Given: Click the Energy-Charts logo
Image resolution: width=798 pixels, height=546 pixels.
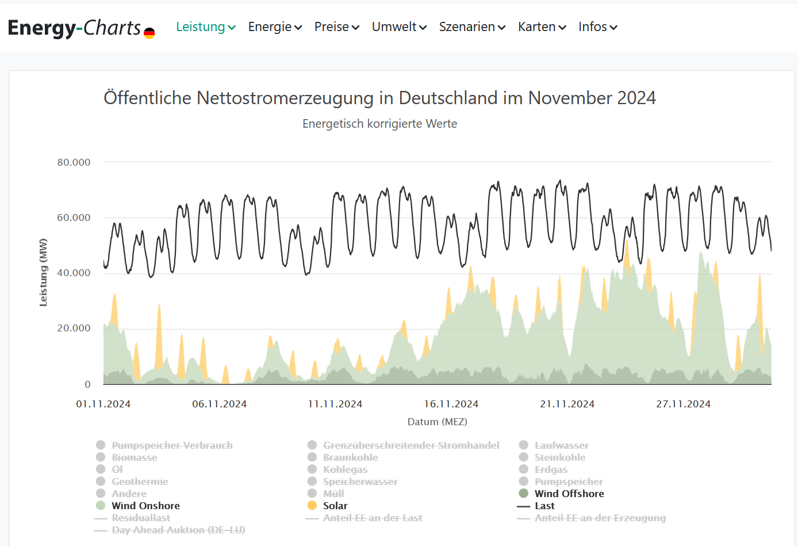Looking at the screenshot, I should point(81,28).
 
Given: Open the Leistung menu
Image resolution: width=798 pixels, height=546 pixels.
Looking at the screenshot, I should point(205,27).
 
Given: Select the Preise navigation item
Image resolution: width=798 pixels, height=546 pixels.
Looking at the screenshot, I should point(336,27).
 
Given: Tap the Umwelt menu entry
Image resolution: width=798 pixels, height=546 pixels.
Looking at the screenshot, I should point(399,27).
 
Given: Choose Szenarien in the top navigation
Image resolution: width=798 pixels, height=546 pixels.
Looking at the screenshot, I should point(472,27).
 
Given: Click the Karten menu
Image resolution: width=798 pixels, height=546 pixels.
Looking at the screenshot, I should point(542,27).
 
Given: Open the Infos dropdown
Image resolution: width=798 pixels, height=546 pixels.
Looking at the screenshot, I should point(597,27).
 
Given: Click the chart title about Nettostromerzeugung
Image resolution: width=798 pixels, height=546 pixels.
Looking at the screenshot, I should point(379,98).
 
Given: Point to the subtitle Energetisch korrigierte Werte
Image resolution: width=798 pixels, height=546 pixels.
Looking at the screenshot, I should point(379,124).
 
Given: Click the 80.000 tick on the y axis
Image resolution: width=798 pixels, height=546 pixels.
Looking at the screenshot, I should point(74,162).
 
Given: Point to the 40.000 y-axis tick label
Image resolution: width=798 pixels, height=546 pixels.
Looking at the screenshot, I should point(74,273).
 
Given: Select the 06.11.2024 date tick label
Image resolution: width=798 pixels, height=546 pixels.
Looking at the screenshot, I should point(219,404).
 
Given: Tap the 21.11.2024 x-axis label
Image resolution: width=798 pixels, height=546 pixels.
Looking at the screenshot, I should point(567,404).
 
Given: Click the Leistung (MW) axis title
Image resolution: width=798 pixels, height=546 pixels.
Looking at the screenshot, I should point(43,272).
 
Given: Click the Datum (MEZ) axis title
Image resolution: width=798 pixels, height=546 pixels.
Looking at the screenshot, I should point(437,422).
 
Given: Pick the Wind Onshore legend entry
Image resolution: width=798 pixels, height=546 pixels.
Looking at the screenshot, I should point(145,506).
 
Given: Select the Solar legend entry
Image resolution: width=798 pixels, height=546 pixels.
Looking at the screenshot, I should point(335,506).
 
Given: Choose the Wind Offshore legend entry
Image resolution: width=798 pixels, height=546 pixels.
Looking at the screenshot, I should point(569,494).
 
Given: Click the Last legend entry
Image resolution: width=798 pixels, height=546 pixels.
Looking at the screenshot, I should point(544,506).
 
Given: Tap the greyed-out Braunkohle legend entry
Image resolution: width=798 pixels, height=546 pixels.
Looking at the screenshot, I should point(350,457).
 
